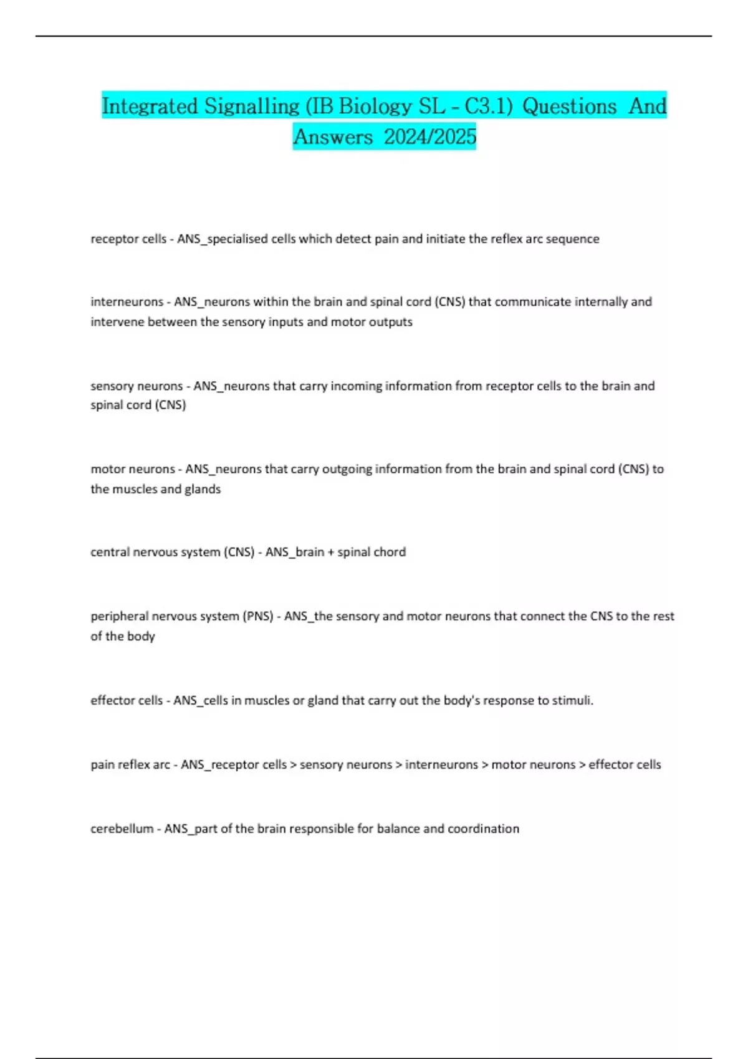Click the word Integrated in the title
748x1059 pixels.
[x=149, y=106]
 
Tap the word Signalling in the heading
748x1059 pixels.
[x=252, y=106]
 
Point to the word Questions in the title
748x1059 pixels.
[x=569, y=106]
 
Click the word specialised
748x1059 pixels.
[x=237, y=239]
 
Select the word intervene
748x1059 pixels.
[x=117, y=322]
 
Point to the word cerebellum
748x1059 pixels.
[x=122, y=829]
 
